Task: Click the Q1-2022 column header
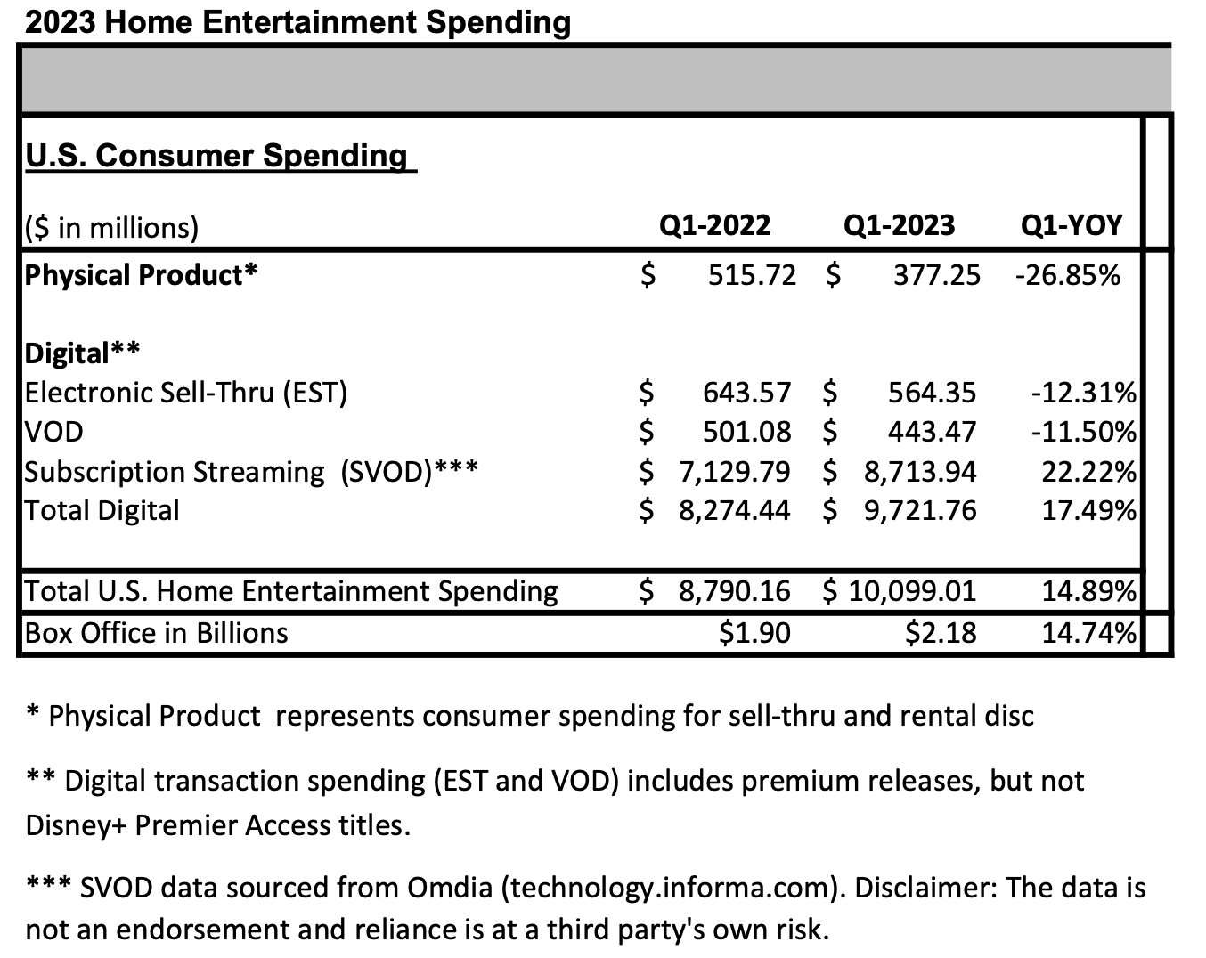[714, 226]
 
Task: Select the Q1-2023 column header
[899, 226]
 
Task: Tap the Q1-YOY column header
[1072, 226]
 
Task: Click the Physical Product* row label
[141, 275]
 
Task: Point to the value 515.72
[752, 276]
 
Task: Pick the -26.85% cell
[1068, 276]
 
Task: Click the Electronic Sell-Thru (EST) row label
[186, 393]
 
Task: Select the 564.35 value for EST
[932, 393]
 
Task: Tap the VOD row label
[53, 432]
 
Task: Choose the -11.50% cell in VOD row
[1084, 432]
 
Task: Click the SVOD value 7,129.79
[735, 472]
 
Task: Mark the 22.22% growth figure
[1089, 472]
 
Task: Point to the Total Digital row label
[102, 511]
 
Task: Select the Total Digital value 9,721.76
[920, 511]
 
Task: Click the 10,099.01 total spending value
[912, 591]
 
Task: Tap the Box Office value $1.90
[755, 633]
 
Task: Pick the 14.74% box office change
[1089, 633]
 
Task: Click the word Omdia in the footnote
[450, 888]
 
